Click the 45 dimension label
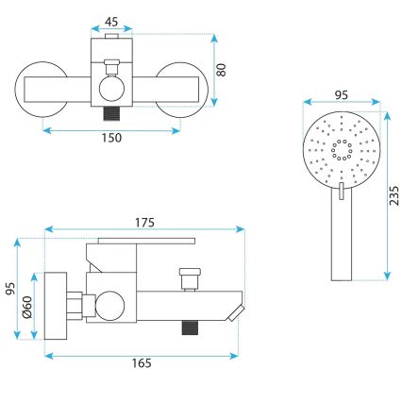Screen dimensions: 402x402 [112, 22]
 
